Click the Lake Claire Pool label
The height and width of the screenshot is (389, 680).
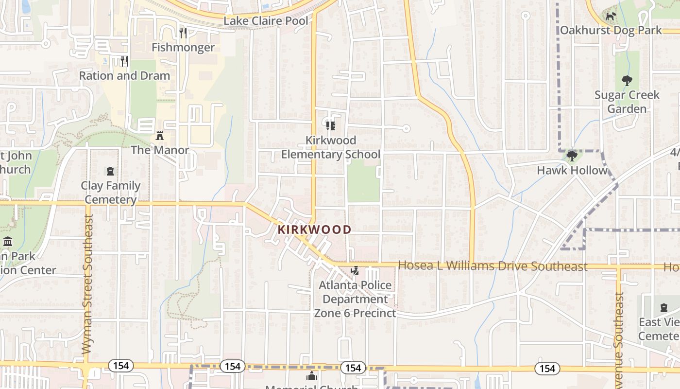coord(266,21)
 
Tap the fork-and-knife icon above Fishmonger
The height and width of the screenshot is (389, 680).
coord(183,33)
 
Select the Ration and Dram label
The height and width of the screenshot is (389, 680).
coord(124,76)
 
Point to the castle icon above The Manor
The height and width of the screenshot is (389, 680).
coord(160,136)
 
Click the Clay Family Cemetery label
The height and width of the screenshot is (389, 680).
coord(111,193)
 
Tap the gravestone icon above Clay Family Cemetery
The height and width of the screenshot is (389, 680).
coord(111,171)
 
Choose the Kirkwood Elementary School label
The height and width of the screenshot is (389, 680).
coord(331,147)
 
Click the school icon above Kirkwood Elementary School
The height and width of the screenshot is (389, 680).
coord(331,126)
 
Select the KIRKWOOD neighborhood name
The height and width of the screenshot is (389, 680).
coord(315,230)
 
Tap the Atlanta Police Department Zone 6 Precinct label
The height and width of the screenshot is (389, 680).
coord(355,299)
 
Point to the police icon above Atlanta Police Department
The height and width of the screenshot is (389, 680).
coord(355,271)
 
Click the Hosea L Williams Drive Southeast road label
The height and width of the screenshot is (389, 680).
coord(493,266)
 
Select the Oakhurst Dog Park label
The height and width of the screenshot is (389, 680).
coord(611,30)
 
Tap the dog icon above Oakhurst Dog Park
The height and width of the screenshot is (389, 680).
coord(611,16)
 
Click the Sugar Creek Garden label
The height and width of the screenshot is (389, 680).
coord(627,102)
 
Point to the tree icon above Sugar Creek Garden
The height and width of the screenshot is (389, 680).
coord(627,80)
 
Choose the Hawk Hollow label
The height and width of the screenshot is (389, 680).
coord(572,170)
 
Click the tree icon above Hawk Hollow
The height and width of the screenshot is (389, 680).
coord(572,156)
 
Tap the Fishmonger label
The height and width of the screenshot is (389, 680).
coord(183,47)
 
